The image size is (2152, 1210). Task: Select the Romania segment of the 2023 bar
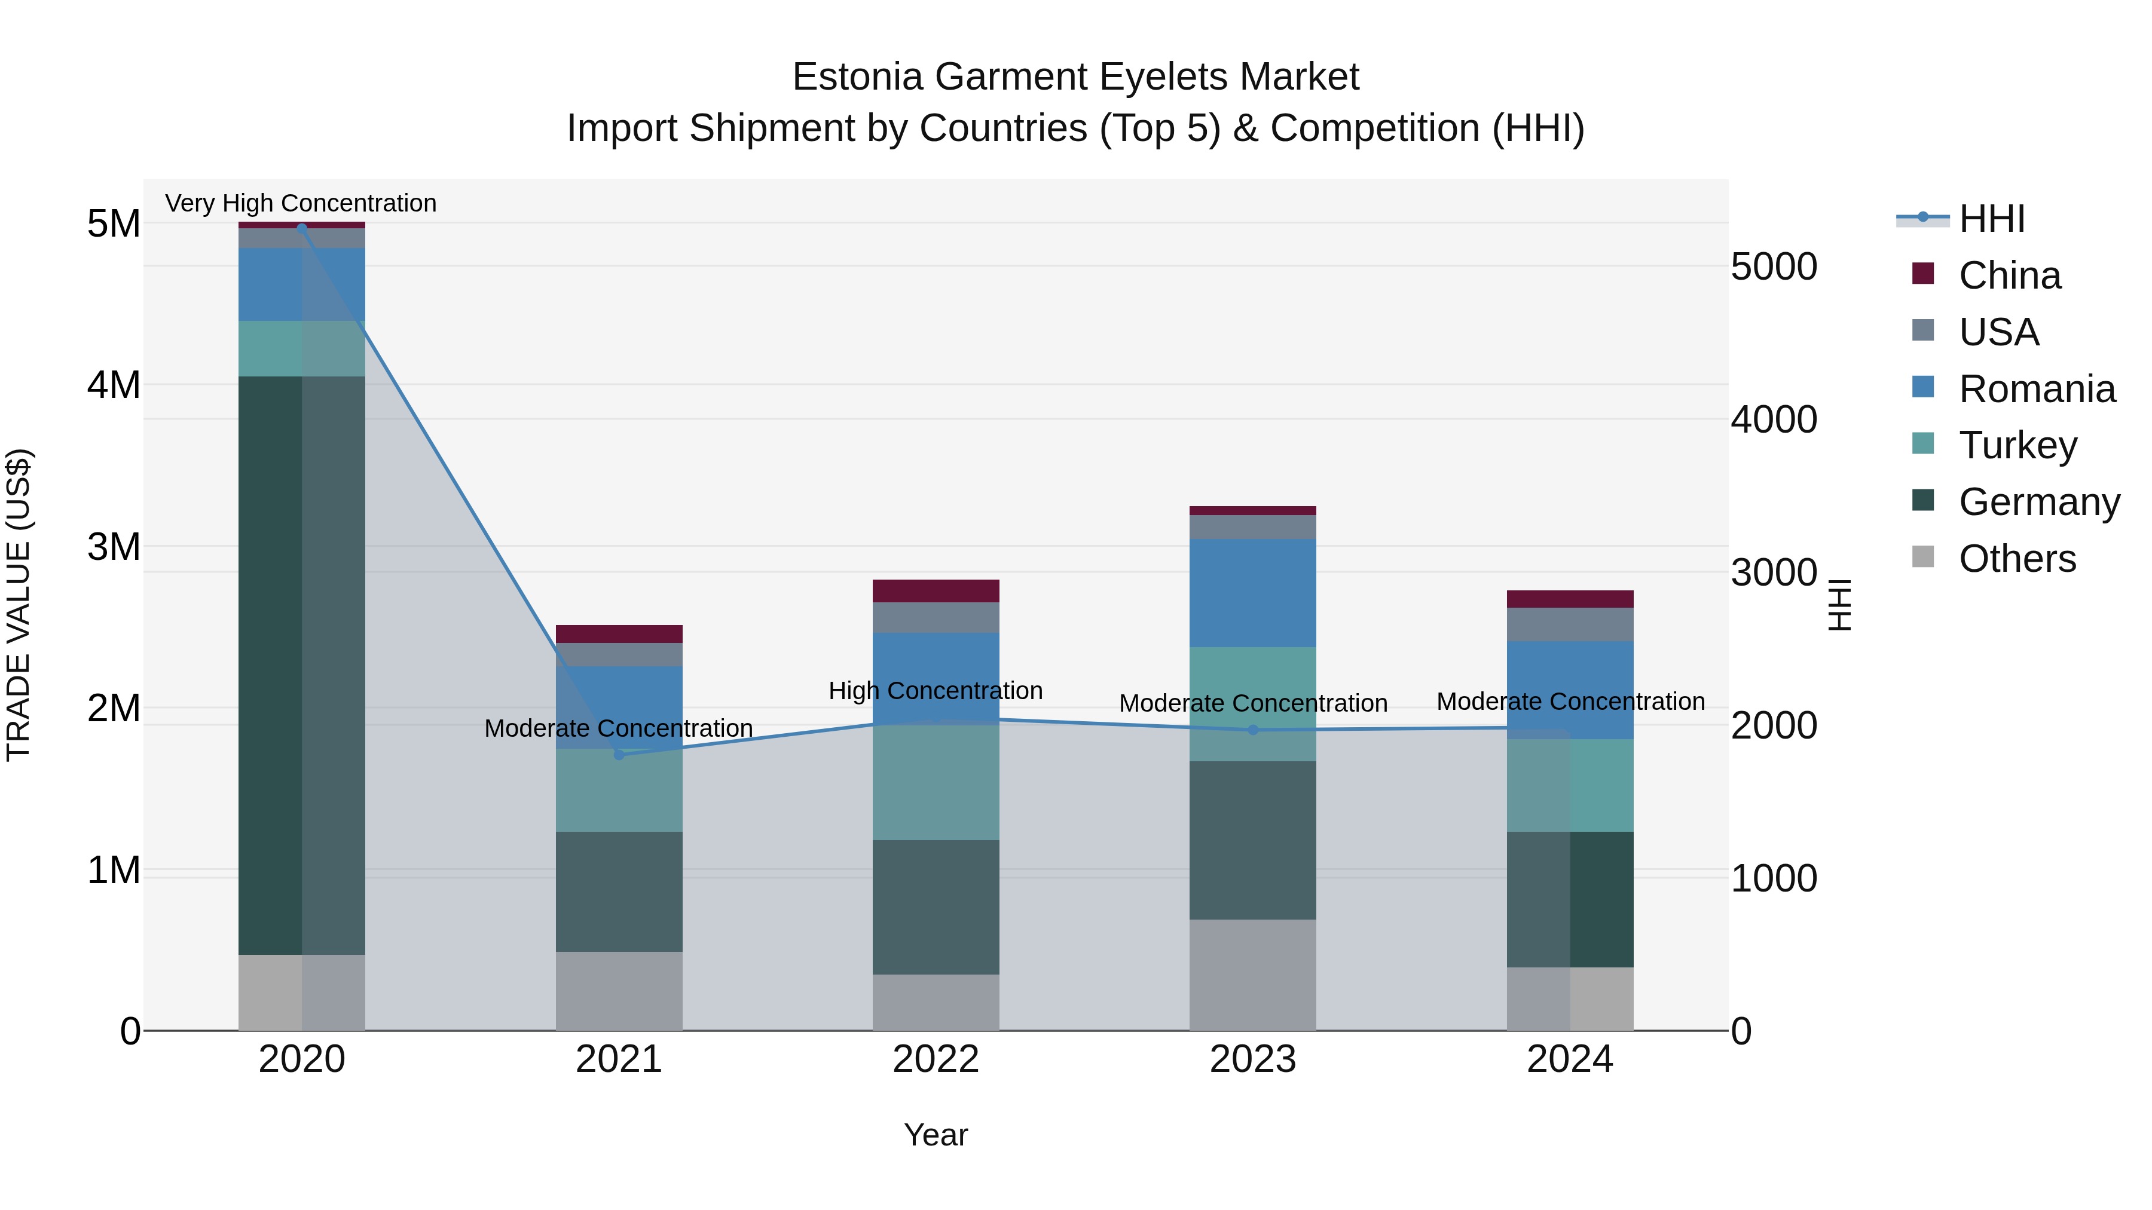point(1252,592)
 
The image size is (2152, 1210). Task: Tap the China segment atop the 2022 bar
point(936,590)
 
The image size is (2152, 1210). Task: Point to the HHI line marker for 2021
point(619,754)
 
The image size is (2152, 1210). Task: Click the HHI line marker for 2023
point(1252,730)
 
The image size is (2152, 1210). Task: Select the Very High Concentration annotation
point(301,203)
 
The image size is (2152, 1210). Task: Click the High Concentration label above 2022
point(936,691)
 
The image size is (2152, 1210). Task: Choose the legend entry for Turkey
point(2017,445)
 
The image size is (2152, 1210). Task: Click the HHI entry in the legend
point(1992,219)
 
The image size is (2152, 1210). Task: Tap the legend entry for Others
point(2017,559)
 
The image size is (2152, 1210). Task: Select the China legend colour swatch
point(1922,274)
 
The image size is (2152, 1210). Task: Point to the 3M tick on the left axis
point(114,547)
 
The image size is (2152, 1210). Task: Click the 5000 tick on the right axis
point(1774,267)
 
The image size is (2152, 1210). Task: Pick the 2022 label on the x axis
point(936,1059)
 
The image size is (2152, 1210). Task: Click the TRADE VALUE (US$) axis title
point(19,605)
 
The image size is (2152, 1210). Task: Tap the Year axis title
point(936,1135)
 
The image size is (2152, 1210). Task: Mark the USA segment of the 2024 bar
point(1570,624)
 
